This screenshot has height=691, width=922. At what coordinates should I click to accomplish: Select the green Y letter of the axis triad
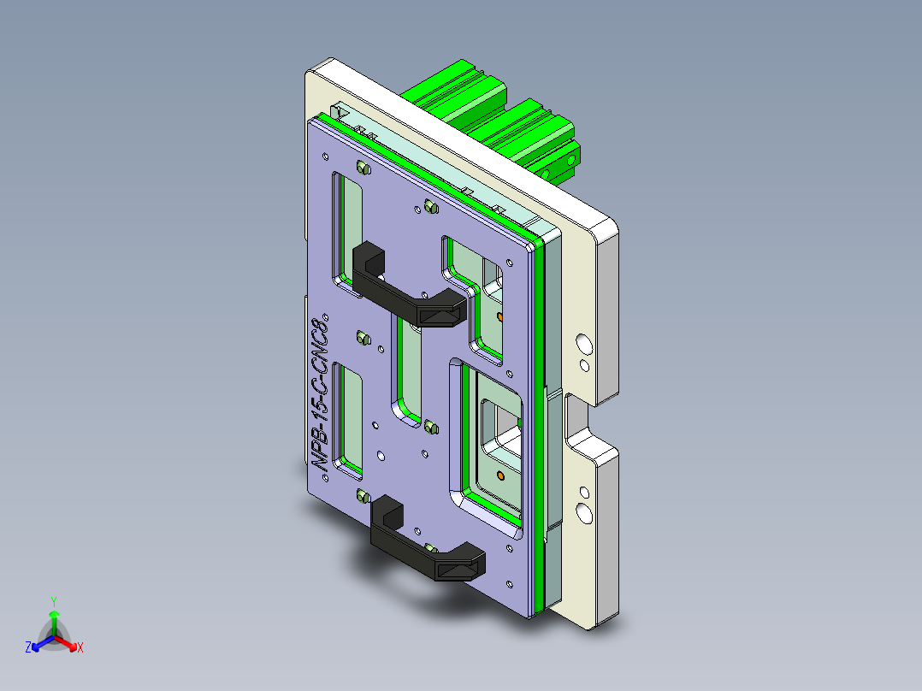[53, 601]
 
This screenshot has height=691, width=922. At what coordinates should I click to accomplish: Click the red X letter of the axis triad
[80, 648]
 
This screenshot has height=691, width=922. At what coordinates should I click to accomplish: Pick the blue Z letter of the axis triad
[28, 648]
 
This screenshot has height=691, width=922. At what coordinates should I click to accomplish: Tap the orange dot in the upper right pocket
[499, 317]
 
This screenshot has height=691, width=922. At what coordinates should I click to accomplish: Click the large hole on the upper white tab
[584, 344]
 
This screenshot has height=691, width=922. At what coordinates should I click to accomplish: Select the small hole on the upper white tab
[584, 366]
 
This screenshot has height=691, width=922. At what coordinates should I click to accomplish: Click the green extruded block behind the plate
[496, 120]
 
